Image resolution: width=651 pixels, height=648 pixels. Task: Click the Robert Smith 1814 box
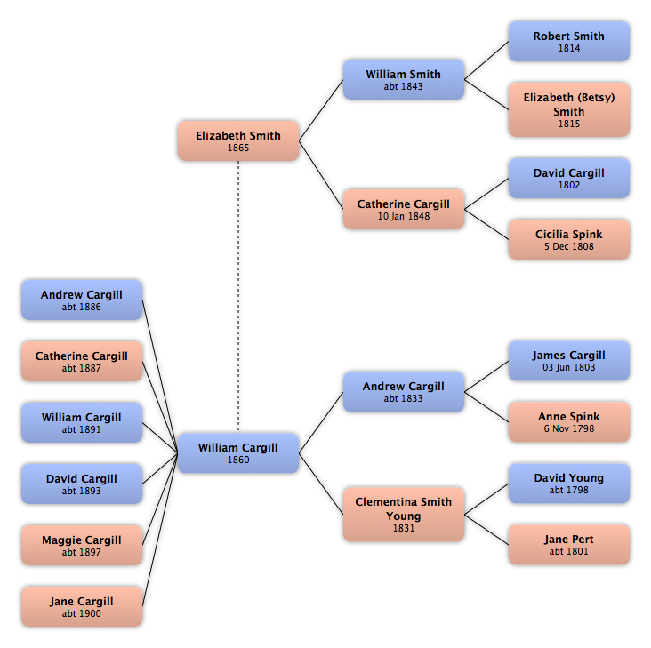[x=569, y=42]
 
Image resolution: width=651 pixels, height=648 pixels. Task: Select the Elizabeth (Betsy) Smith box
[x=569, y=109]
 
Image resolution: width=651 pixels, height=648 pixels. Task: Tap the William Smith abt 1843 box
[x=403, y=79]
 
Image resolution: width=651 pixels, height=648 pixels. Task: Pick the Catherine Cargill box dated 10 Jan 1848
[x=403, y=209]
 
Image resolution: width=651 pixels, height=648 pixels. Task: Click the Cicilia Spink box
[x=569, y=239]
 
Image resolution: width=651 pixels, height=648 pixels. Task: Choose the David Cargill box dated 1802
[x=569, y=178]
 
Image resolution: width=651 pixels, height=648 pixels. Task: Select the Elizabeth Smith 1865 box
[x=237, y=140]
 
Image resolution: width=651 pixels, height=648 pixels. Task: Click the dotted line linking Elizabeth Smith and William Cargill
[x=237, y=297]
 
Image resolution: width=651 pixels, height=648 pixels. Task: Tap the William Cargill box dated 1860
[x=237, y=453]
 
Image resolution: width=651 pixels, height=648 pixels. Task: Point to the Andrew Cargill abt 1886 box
[x=82, y=300]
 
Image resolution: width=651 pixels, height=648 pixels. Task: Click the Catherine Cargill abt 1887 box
[x=82, y=362]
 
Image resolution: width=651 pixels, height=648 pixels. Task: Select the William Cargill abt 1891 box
[x=82, y=422]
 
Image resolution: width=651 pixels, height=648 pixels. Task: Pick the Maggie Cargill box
[x=82, y=545]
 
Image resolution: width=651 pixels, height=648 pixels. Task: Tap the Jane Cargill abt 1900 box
[x=82, y=606]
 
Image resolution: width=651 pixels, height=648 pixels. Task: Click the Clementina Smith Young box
[x=403, y=515]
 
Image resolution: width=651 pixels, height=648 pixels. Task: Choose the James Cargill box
[x=569, y=361]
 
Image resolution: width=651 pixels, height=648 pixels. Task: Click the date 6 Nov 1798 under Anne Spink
[x=569, y=428]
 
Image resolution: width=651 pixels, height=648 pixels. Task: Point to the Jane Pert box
[x=569, y=545]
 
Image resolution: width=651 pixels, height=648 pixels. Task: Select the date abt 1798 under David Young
[x=569, y=490]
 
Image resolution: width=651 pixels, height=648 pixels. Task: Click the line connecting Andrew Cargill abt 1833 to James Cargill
[x=486, y=376]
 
